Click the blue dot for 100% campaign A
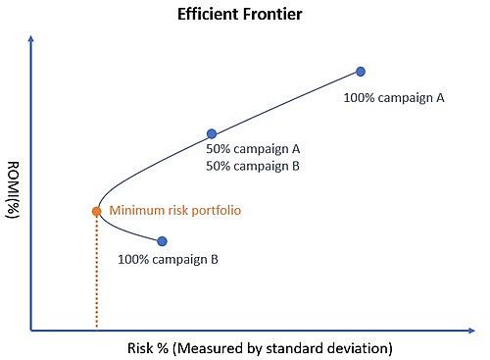pyautogui.click(x=361, y=72)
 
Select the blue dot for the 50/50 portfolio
pyautogui.click(x=211, y=133)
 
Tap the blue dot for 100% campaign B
pyautogui.click(x=162, y=240)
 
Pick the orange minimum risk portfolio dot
pyautogui.click(x=96, y=211)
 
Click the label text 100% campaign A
pyautogui.click(x=394, y=98)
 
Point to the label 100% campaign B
pyautogui.click(x=168, y=260)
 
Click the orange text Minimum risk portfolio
pyautogui.click(x=174, y=210)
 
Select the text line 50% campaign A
pyautogui.click(x=253, y=149)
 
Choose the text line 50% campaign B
pyautogui.click(x=253, y=166)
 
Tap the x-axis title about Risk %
pyautogui.click(x=260, y=348)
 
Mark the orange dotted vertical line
pyautogui.click(x=96, y=275)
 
